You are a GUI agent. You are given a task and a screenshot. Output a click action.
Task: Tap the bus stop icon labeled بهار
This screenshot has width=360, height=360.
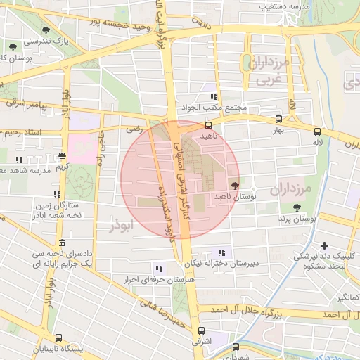279,120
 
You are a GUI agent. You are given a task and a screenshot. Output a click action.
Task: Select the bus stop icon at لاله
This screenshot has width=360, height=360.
318,131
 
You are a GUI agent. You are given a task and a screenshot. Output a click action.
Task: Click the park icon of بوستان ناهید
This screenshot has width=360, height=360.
235,186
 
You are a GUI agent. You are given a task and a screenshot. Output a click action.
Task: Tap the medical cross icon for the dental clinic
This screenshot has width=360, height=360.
324,245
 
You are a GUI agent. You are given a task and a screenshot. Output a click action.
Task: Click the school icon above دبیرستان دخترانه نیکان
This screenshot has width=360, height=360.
222,252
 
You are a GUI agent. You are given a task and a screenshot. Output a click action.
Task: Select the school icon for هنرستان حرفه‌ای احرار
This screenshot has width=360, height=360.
158,268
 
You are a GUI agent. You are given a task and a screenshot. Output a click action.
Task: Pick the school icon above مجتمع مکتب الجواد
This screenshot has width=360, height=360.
212,97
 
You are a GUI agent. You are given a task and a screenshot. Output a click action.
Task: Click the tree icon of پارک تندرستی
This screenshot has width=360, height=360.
46,30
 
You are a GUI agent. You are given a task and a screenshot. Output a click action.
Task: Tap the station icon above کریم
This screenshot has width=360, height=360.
63,156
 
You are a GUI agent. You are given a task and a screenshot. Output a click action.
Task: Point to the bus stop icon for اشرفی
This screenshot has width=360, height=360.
202,330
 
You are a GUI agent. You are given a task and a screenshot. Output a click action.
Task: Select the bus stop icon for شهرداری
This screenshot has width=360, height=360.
236,347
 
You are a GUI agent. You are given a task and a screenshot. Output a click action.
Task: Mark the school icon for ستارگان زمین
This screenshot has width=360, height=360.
56,194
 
